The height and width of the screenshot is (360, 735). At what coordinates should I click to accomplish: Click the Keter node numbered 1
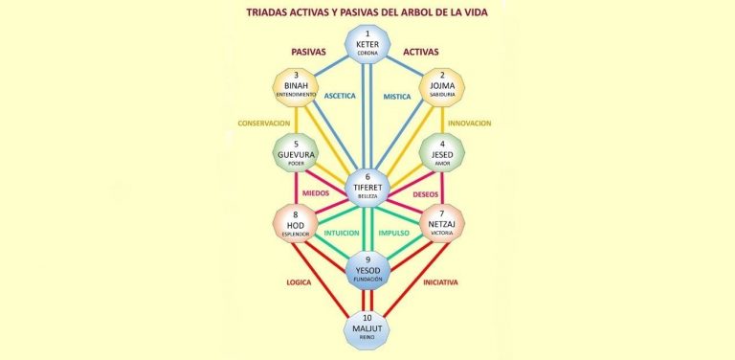367,44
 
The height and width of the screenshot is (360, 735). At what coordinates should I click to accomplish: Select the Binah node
296,89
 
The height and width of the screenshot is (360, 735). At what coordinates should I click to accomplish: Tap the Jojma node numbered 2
441,89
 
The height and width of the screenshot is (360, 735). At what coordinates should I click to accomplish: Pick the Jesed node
441,155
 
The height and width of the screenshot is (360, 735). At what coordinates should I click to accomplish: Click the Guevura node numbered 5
296,155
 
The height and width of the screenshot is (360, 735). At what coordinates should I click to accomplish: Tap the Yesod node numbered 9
367,267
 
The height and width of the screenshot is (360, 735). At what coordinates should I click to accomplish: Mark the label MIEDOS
317,193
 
